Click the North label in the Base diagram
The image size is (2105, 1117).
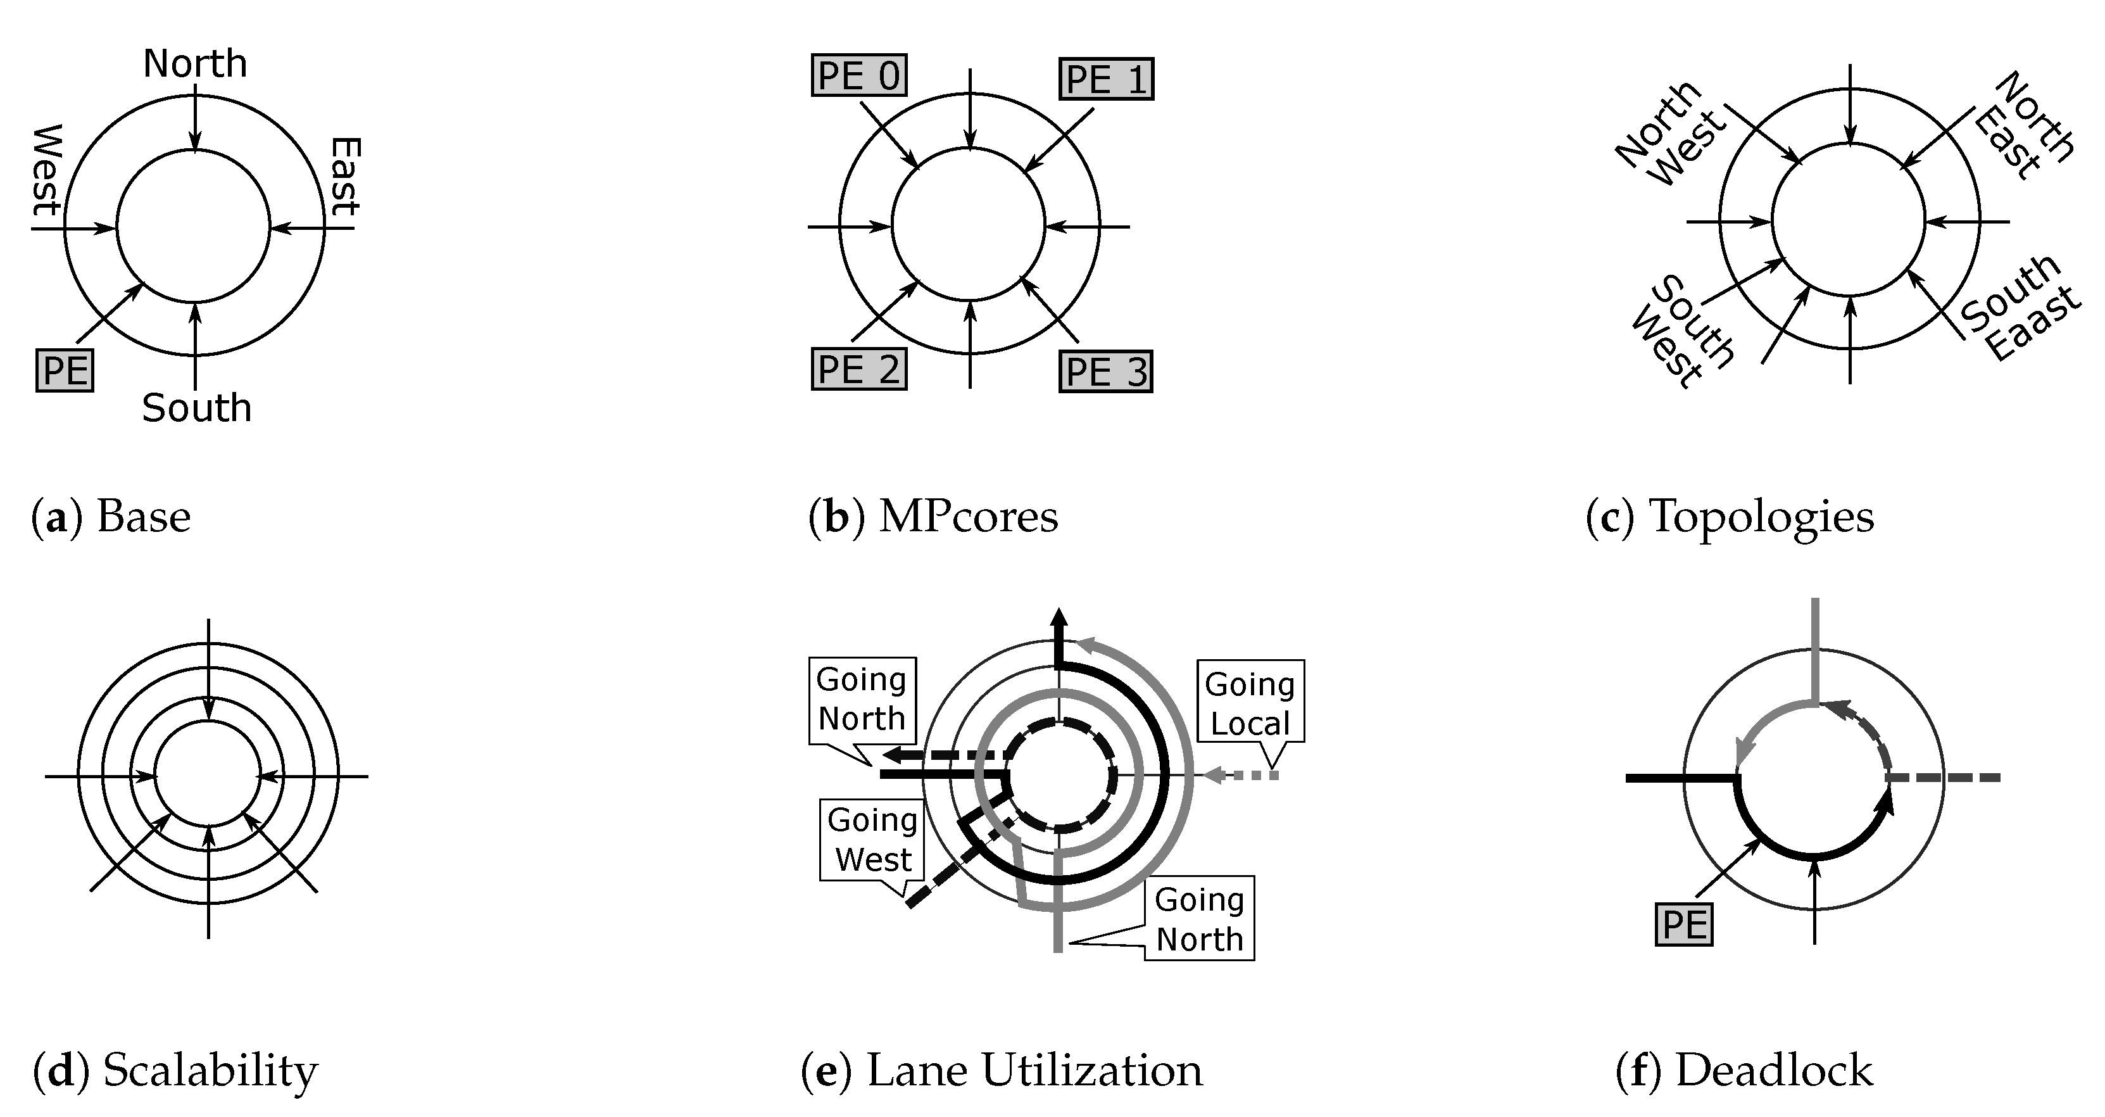coord(194,64)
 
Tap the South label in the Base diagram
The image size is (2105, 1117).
coord(196,408)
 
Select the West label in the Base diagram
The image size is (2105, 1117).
coord(47,169)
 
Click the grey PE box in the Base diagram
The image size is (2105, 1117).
coord(65,370)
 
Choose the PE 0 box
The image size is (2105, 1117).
coord(859,76)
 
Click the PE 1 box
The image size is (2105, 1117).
coord(1107,79)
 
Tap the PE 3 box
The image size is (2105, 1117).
coord(1105,372)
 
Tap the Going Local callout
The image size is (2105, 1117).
coord(1250,703)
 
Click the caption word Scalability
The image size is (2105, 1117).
coord(210,1071)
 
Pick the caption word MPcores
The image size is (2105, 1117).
coord(969,517)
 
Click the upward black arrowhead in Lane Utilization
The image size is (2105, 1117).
coord(1059,619)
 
